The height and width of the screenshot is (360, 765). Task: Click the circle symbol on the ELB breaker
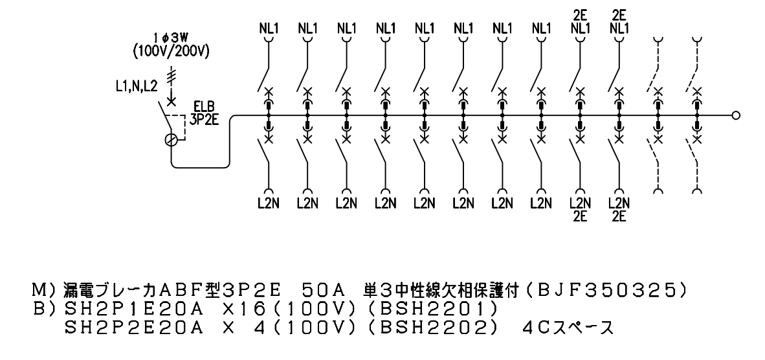tap(172, 141)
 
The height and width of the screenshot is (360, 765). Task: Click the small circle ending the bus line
tap(737, 116)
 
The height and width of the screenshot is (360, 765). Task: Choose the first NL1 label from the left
tap(269, 28)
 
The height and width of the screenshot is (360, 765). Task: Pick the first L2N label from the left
tap(269, 203)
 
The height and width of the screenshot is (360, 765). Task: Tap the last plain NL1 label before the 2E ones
tap(541, 28)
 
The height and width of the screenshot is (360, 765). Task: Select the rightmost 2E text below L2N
tap(619, 216)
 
